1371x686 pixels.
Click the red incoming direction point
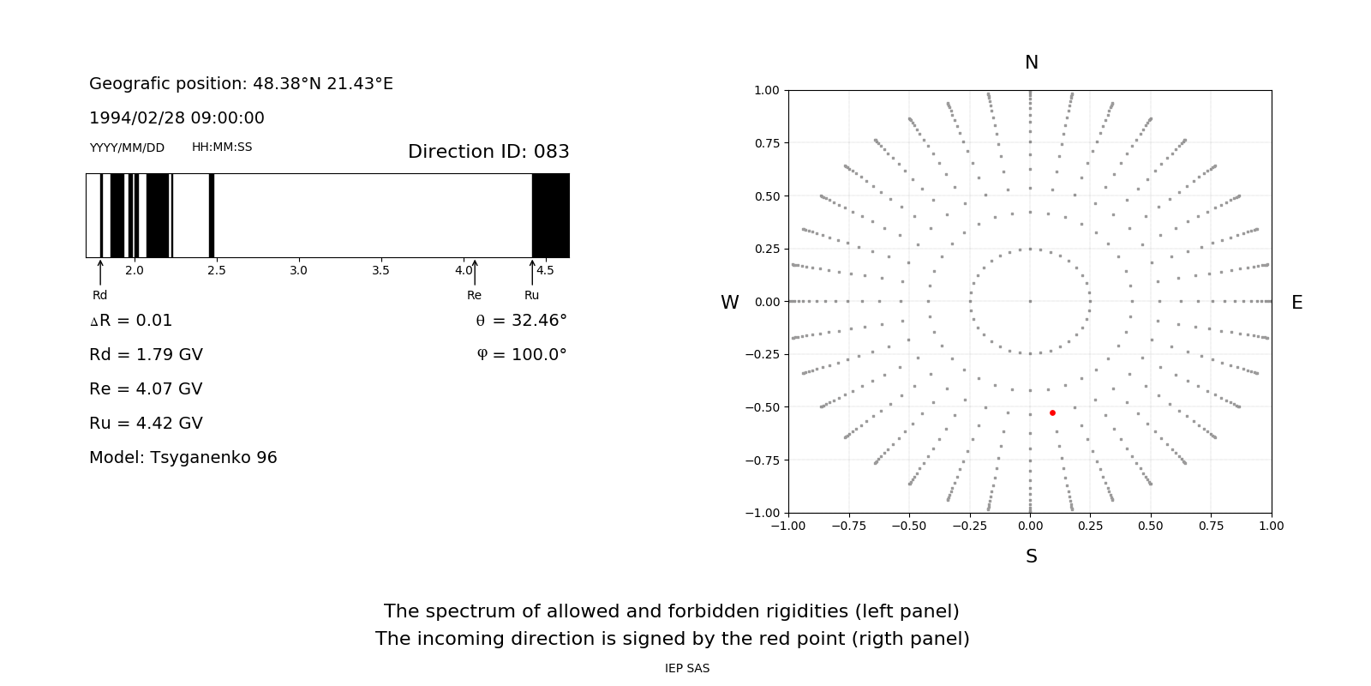tap(1052, 413)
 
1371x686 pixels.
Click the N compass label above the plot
tap(1032, 63)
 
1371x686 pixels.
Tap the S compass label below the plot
tap(1032, 557)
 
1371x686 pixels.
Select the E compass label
tap(1296, 303)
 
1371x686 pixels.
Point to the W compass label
tap(729, 303)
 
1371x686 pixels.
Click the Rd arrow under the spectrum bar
tap(100, 272)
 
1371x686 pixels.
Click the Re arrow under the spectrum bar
tap(475, 272)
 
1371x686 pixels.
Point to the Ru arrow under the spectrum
tap(532, 272)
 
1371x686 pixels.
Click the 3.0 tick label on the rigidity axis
tap(298, 271)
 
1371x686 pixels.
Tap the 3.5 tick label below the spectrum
tap(380, 271)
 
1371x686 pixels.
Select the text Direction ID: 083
tap(488, 152)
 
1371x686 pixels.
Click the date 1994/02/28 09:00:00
tap(177, 117)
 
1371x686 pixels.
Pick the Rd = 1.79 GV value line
tap(146, 355)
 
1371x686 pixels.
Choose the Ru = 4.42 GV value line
tap(146, 424)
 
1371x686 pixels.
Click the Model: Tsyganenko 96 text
tap(183, 458)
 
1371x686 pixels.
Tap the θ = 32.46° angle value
tap(521, 321)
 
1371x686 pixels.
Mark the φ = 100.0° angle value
tap(521, 355)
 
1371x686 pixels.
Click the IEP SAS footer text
tap(687, 668)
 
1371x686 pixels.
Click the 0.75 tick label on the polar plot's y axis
tap(766, 143)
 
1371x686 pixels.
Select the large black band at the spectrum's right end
tap(550, 215)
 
